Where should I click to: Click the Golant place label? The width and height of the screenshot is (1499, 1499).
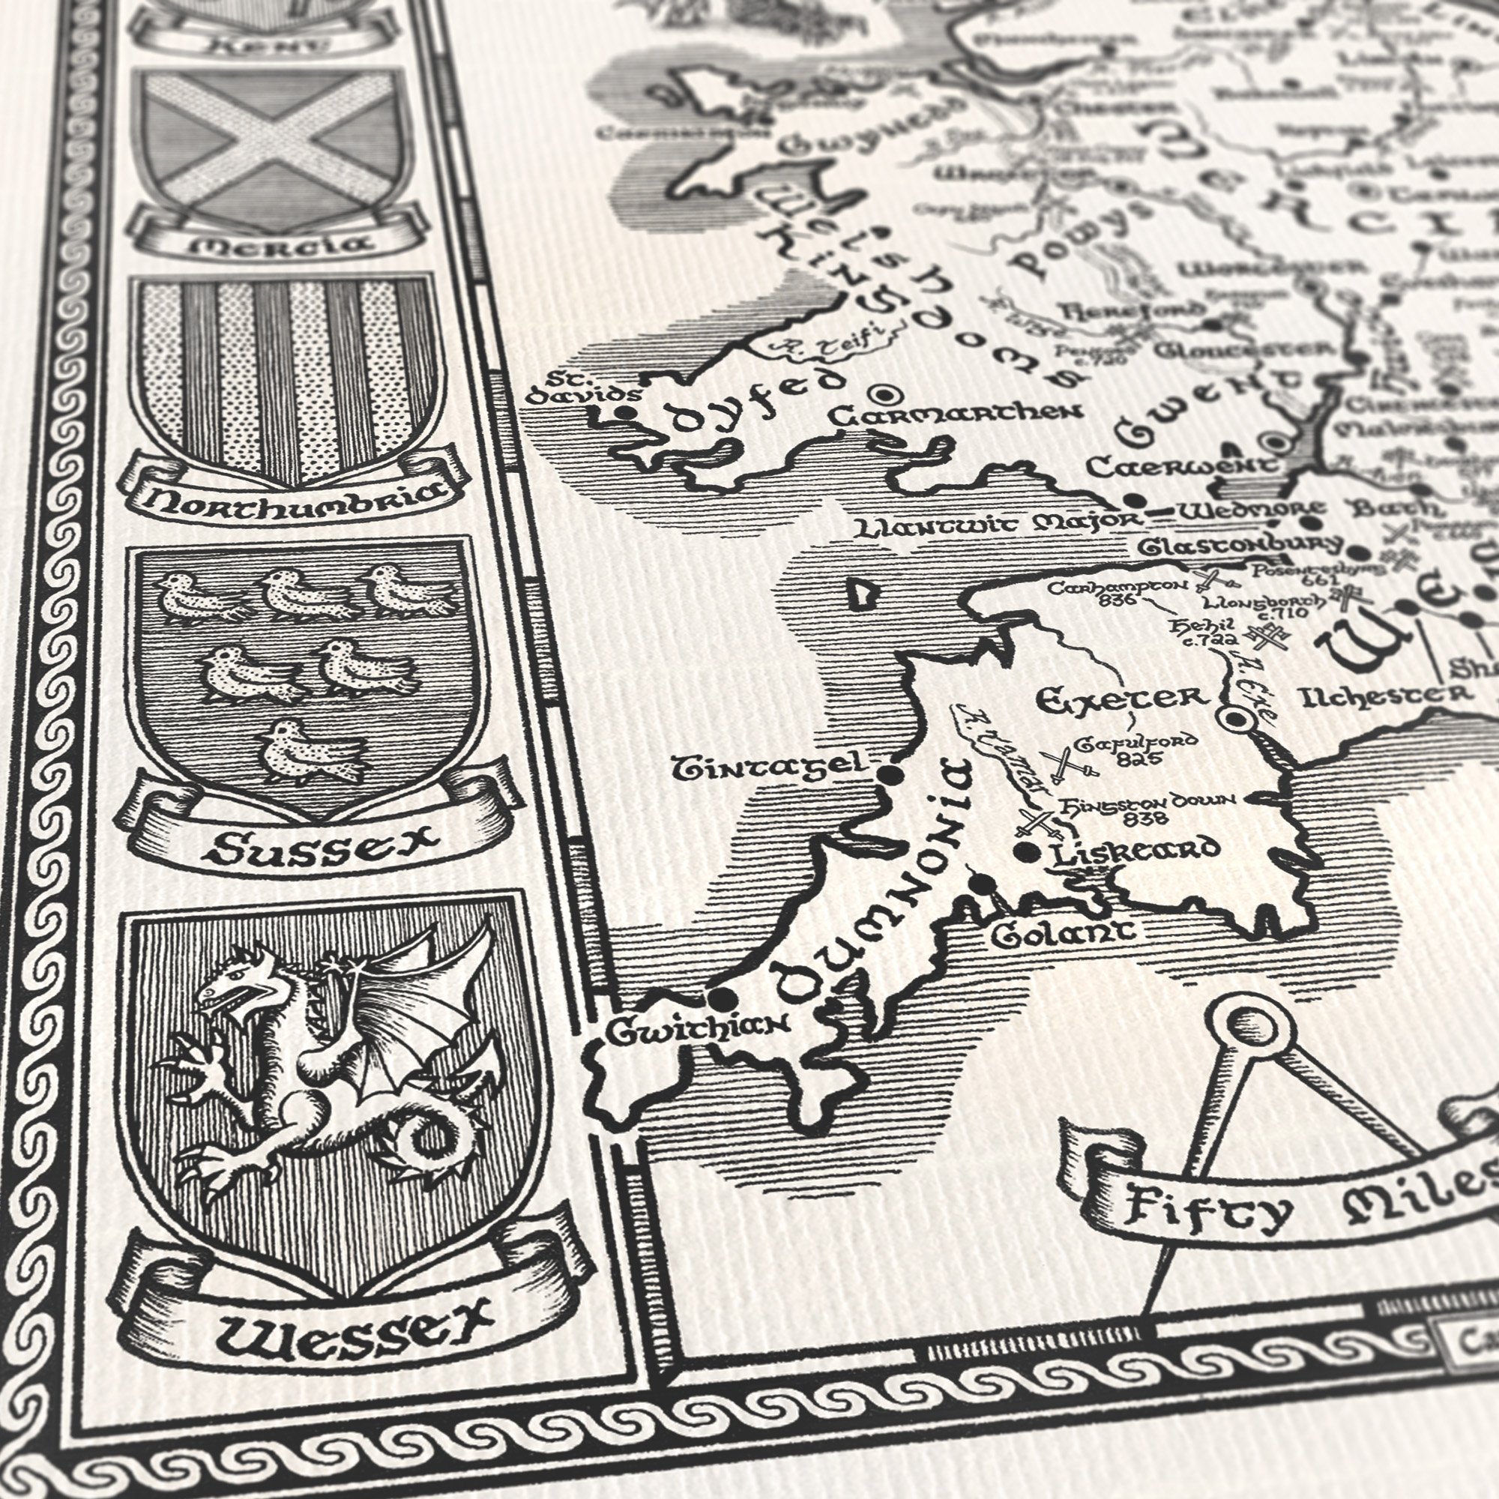click(x=1062, y=933)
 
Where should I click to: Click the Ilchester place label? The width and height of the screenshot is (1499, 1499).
click(x=1385, y=695)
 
